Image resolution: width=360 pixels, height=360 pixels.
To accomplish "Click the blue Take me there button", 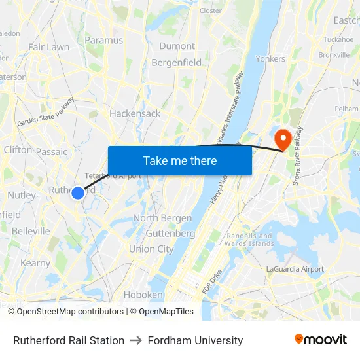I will coord(180,160).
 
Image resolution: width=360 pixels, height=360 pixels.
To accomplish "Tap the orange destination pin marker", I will coord(283,139).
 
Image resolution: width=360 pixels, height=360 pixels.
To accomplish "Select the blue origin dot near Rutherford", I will coord(77,192).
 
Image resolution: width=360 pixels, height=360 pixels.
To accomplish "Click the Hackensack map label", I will coord(135,113).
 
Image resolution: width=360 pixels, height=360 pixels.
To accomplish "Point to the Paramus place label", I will coord(103,40).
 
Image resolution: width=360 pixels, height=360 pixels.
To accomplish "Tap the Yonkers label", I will coord(270,58).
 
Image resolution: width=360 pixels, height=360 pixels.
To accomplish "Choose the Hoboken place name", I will coord(143,295).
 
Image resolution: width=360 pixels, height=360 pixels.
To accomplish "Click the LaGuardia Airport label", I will coord(295,269).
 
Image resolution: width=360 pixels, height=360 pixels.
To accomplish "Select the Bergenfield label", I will coord(177,62).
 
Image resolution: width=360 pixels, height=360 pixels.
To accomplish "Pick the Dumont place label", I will coord(177,46).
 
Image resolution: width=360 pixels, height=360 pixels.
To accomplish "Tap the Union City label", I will coord(151,249).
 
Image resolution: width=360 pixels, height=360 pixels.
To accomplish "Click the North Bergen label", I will coord(162,218).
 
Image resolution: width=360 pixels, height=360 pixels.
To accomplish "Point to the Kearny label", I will coord(35,263).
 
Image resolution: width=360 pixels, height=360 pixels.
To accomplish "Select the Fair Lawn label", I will coord(48,47).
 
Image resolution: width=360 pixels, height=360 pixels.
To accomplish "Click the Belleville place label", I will coord(30,231).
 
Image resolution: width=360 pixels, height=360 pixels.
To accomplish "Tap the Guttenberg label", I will coord(170,233).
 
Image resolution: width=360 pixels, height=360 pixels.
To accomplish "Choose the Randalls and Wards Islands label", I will coord(249,240).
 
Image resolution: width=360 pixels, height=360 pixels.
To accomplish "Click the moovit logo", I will coord(321,340).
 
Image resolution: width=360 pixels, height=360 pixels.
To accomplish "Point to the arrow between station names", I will coord(136,340).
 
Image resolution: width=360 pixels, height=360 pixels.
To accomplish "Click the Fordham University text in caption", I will coord(195,340).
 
